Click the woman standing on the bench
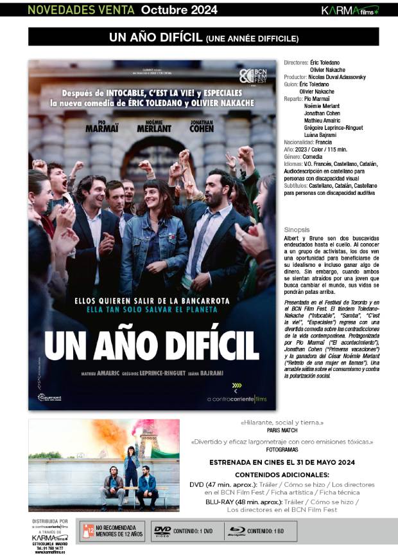131,466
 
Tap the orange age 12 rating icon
87,531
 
